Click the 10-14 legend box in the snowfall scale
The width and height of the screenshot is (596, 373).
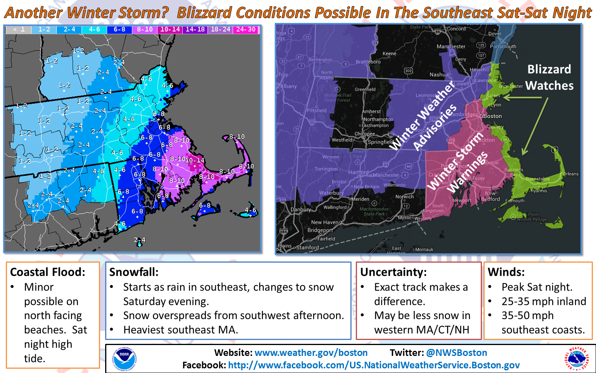(x=170, y=30)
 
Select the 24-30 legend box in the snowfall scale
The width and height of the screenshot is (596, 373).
(x=246, y=30)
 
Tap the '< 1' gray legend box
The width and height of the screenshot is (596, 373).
(x=18, y=30)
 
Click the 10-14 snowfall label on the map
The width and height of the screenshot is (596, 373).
(x=195, y=160)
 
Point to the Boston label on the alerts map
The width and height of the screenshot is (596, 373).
(x=492, y=116)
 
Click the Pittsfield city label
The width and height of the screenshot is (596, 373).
(x=317, y=111)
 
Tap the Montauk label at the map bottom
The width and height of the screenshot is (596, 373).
(x=424, y=249)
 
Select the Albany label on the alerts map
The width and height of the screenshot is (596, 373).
(x=288, y=86)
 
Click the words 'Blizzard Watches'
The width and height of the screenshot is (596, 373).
(x=549, y=77)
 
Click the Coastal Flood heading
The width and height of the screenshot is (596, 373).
(x=47, y=272)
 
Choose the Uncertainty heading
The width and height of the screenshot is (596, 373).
(x=393, y=272)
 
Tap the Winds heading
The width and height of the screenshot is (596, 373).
(x=506, y=272)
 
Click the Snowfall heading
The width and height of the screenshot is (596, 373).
(x=134, y=272)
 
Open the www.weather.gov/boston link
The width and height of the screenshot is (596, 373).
(x=311, y=353)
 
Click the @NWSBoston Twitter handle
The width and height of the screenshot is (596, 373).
(x=456, y=353)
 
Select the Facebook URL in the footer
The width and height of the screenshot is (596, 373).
(x=374, y=365)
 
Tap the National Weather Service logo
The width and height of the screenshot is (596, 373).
(x=577, y=358)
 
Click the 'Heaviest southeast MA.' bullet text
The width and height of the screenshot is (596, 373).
(x=180, y=330)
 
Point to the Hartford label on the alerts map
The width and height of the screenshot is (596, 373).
(x=358, y=172)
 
